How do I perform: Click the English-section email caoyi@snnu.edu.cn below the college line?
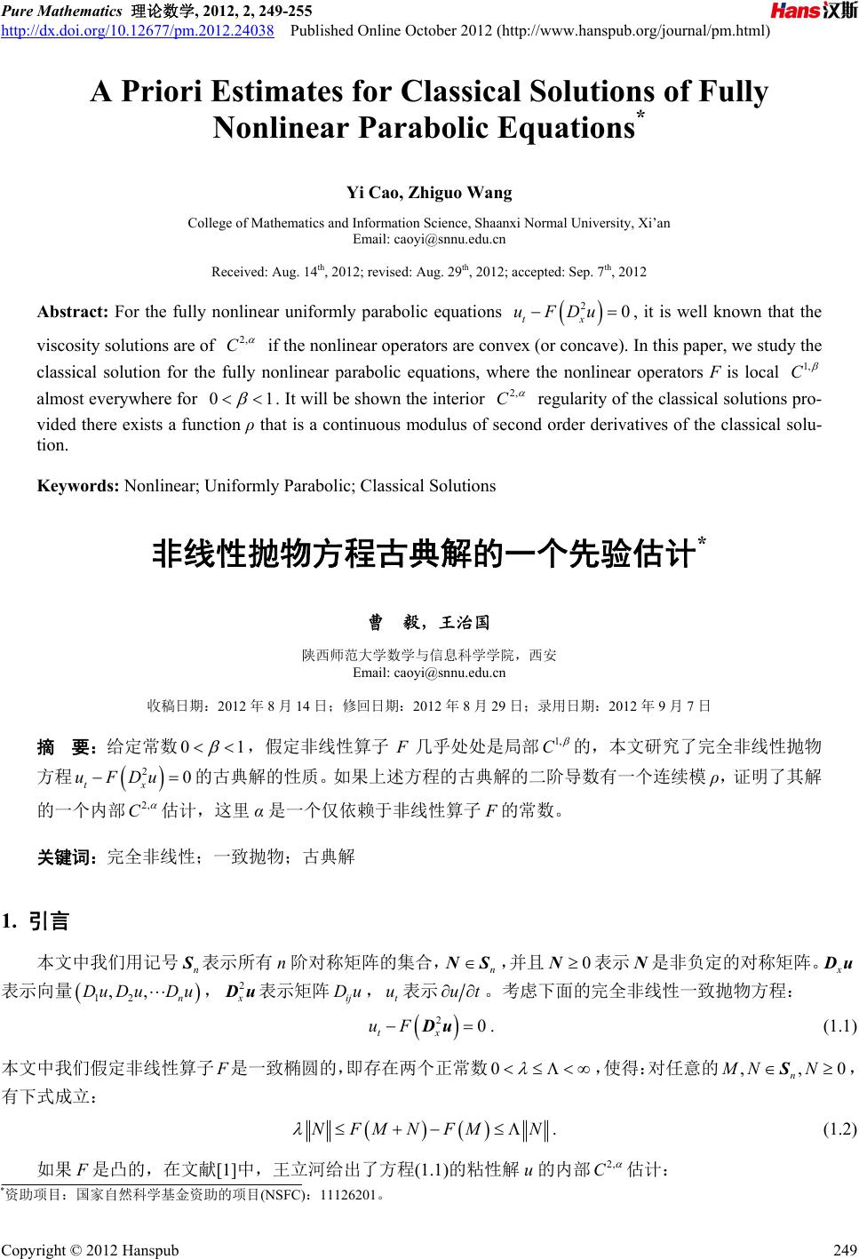429,239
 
